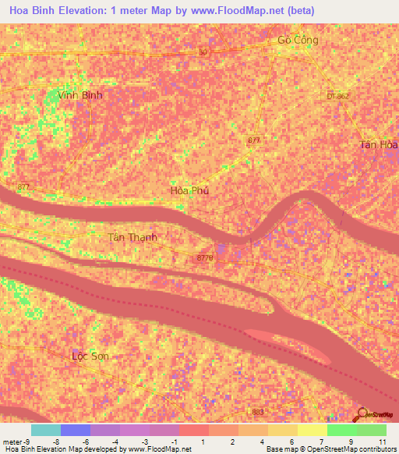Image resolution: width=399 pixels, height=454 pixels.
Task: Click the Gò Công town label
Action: (298, 40)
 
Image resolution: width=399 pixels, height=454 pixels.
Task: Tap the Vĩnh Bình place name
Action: (80, 95)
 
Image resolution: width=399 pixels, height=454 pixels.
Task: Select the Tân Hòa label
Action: (379, 145)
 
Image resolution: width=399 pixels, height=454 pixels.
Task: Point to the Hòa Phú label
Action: (189, 190)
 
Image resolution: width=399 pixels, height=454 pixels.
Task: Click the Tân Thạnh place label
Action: (132, 237)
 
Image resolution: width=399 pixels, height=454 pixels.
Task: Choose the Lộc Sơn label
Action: (90, 356)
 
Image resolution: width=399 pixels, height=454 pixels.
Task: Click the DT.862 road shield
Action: (339, 96)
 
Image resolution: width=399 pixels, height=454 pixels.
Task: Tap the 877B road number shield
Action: (205, 257)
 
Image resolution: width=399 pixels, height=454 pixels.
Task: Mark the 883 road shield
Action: (259, 412)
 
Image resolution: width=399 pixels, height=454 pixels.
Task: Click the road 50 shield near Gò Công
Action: (204, 52)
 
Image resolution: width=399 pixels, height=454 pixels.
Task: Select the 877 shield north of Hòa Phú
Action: (254, 140)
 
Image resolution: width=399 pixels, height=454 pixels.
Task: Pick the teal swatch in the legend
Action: (46, 430)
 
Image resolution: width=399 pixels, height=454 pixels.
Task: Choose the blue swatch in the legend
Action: (76, 430)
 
